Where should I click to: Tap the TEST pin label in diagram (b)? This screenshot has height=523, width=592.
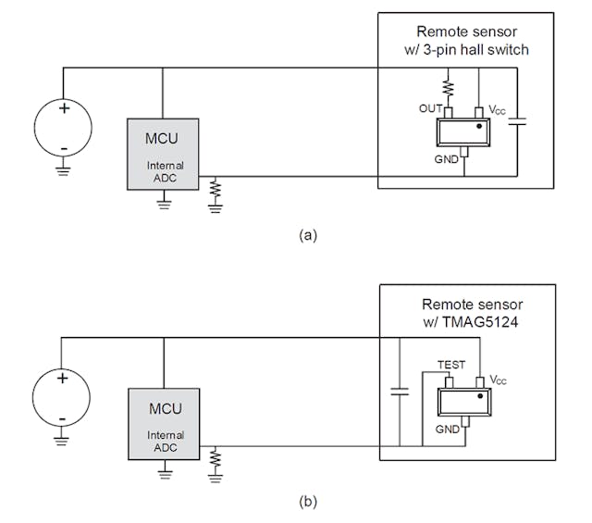(452, 366)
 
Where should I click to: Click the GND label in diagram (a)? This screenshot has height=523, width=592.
(447, 160)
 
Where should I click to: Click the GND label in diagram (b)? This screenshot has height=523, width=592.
(449, 430)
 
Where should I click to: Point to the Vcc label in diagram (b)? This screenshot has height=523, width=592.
(498, 380)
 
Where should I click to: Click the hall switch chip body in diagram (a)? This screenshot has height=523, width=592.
(463, 133)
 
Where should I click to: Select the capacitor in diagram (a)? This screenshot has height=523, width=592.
(518, 121)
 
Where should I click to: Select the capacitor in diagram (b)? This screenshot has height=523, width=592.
(400, 392)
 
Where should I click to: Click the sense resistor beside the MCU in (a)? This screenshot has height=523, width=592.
(216, 189)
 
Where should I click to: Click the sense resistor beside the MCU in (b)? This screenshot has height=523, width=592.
(216, 459)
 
